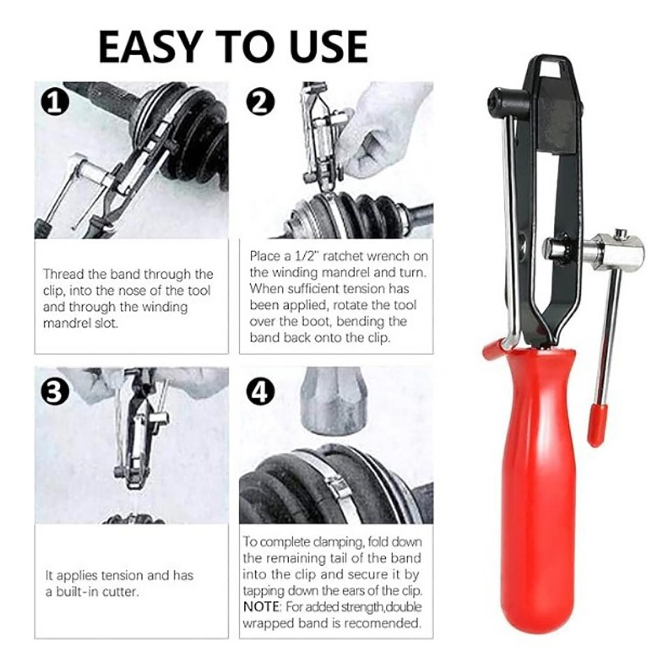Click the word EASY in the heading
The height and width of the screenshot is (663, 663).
[x=155, y=46]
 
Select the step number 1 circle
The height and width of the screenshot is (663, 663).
[x=55, y=102]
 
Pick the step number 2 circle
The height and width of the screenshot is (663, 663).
[x=260, y=102]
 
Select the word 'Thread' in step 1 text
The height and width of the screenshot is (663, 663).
[x=64, y=274]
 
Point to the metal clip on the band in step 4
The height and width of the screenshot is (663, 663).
[x=338, y=483]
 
